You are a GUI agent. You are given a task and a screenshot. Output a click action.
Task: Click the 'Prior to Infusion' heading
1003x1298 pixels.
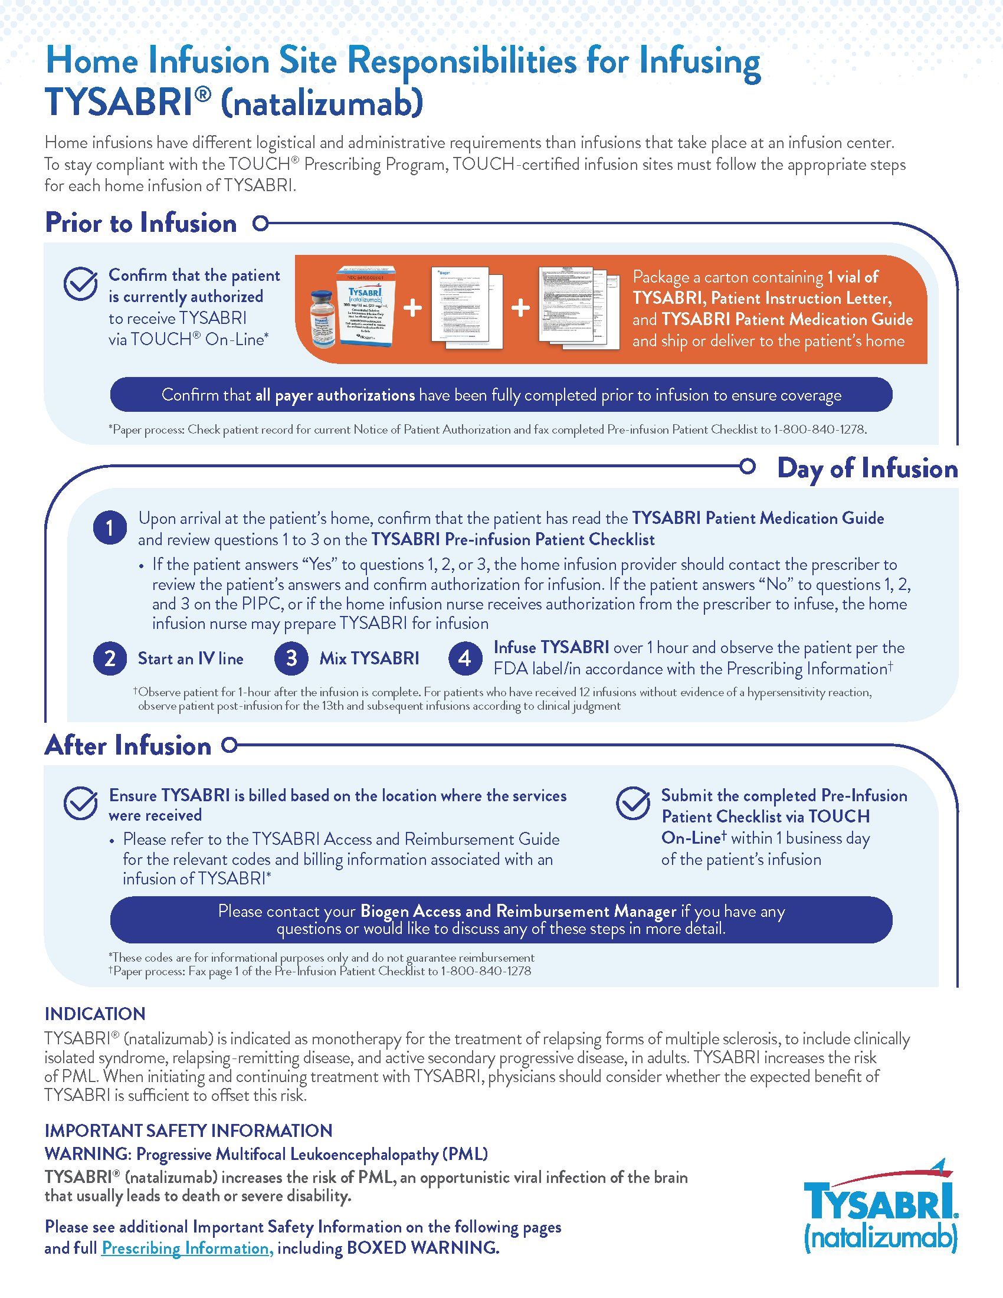pos(141,224)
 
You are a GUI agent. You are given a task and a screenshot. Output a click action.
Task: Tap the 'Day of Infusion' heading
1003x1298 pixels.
pos(867,468)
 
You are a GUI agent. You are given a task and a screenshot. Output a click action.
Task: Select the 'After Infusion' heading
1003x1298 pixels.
pos(128,745)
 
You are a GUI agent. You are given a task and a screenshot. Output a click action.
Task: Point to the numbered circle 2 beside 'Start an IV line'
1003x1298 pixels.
pos(110,658)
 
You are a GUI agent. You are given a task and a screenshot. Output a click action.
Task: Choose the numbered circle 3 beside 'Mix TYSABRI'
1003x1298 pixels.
pos(291,658)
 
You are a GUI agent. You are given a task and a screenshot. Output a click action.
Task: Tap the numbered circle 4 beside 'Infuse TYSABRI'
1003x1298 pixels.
pos(465,658)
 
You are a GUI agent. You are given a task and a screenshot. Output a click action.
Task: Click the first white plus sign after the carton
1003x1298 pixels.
pos(412,307)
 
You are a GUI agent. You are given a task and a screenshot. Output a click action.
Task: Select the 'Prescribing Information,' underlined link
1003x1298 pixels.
pos(188,1248)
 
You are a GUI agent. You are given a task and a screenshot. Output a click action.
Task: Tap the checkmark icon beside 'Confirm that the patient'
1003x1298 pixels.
pos(80,284)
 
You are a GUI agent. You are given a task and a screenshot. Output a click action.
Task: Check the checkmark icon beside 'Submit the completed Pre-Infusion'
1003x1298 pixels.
pos(633,804)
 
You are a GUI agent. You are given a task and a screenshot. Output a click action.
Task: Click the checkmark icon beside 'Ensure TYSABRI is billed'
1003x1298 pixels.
pos(80,804)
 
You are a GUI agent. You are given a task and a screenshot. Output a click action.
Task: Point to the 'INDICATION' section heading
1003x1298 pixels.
pos(95,1014)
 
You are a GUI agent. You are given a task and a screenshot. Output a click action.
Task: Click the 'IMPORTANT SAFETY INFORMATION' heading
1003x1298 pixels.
pos(188,1130)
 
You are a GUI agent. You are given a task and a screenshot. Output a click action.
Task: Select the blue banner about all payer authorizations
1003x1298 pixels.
pos(501,395)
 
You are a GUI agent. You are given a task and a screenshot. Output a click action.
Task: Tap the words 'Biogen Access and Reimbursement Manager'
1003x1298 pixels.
pos(518,911)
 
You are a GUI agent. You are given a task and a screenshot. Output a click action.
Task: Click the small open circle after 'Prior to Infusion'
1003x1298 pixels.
pos(260,224)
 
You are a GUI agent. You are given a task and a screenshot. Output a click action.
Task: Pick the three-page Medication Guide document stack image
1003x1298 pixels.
pos(572,307)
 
